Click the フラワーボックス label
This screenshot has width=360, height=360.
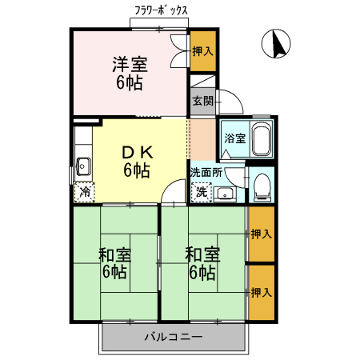click(161, 11)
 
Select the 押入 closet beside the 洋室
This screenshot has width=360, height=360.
click(202, 51)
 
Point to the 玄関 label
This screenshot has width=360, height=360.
click(202, 101)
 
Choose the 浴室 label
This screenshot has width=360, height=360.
click(234, 138)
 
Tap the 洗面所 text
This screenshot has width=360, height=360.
click(206, 172)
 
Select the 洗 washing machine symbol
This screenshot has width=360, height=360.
click(202, 192)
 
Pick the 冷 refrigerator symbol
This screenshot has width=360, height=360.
click(85, 192)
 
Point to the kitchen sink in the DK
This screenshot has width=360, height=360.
click(83, 166)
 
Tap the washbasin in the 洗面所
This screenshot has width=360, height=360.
click(225, 192)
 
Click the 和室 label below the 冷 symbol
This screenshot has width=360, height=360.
click(115, 255)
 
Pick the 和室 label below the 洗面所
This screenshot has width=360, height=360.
click(202, 255)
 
